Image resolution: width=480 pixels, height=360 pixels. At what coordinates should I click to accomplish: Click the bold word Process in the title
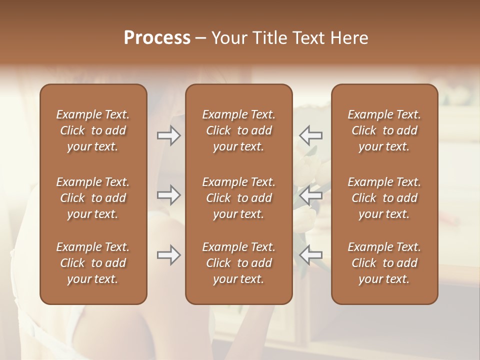[157, 38]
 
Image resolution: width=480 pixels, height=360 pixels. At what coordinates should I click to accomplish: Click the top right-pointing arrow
[168, 135]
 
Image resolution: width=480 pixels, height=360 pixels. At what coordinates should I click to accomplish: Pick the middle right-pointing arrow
[168, 195]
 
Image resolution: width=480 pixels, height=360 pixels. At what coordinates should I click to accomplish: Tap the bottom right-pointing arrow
[168, 255]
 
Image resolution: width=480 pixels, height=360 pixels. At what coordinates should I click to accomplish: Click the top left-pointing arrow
[310, 135]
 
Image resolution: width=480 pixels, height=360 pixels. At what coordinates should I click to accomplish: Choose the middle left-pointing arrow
[310, 195]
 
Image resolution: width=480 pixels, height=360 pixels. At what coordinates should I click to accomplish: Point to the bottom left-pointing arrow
[310, 255]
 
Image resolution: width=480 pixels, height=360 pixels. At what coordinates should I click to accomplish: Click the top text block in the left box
[93, 130]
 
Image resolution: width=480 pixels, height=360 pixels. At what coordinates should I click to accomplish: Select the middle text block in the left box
[93, 198]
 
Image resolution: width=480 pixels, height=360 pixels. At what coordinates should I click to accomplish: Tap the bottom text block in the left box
[93, 263]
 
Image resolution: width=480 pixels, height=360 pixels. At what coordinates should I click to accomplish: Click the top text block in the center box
[239, 130]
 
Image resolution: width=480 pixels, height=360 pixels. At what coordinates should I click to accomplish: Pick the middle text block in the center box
[239, 198]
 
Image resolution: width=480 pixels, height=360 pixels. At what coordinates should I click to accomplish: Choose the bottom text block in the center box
[239, 263]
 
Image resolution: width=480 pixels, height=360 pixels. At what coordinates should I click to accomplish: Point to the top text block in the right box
[384, 130]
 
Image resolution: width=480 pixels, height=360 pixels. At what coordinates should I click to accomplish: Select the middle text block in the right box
[384, 198]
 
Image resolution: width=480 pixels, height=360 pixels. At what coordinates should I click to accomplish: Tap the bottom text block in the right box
[384, 263]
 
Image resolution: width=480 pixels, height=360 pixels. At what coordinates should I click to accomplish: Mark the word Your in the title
[228, 38]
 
